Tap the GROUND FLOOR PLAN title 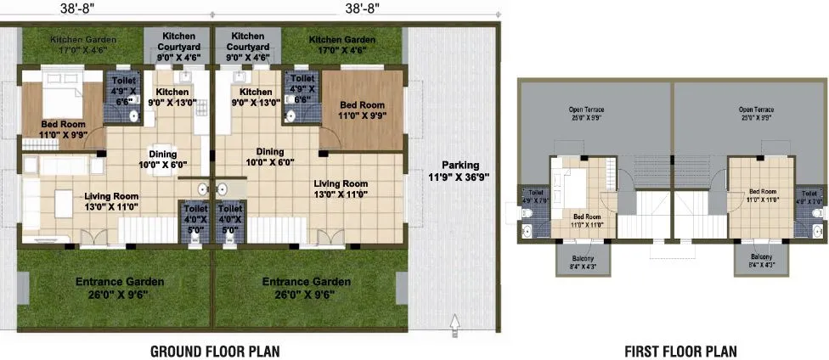[x=215, y=350]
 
